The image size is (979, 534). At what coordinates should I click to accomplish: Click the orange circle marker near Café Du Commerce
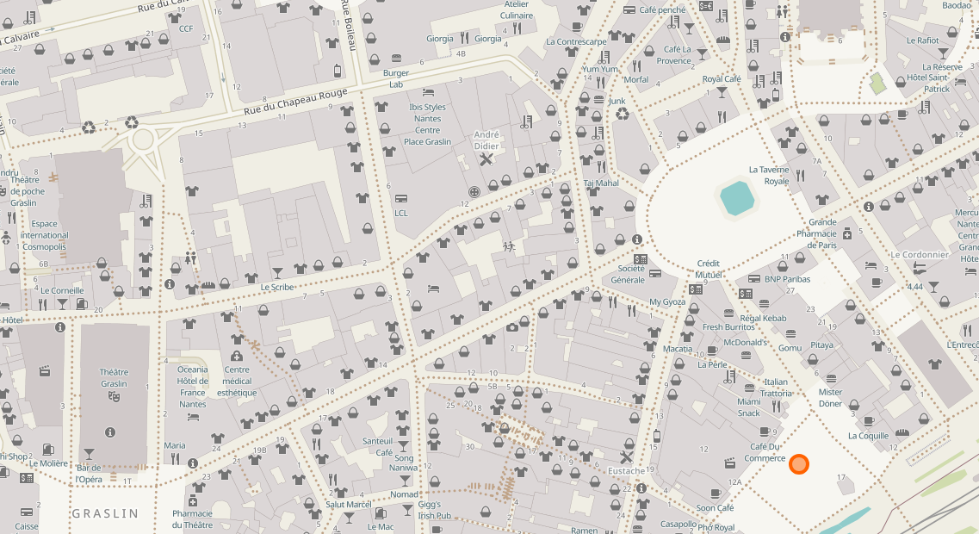pos(799,465)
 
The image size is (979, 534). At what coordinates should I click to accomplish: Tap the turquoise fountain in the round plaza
pos(738,198)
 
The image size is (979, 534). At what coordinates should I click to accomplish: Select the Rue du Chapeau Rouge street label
pos(295,101)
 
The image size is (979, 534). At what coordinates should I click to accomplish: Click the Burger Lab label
pos(396,78)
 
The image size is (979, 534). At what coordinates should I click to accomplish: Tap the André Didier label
pos(486,140)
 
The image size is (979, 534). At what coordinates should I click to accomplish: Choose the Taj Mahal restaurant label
pos(601,183)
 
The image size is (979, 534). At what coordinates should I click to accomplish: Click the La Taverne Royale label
pos(769,176)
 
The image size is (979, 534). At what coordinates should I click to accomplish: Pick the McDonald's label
pos(746,342)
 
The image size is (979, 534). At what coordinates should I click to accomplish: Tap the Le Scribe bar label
pos(277,287)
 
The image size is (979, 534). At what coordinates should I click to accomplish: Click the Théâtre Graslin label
pos(114,378)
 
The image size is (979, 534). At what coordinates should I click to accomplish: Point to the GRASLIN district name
pos(105,513)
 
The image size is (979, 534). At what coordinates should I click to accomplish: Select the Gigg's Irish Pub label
pos(431,509)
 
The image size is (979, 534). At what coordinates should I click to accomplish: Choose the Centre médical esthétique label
pos(237,387)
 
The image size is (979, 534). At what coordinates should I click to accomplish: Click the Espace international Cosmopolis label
pos(45,235)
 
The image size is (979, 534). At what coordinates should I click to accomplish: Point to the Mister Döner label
pos(830,398)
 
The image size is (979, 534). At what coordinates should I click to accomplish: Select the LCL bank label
pos(401,213)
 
